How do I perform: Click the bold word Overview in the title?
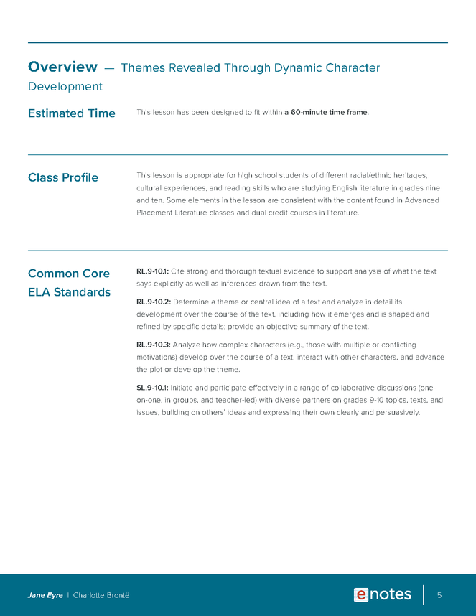click(62, 67)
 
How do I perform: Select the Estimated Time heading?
click(71, 113)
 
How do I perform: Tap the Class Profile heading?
click(62, 177)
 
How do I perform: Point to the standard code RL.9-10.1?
click(152, 271)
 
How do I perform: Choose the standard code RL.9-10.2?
click(153, 302)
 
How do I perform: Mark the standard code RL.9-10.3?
click(153, 345)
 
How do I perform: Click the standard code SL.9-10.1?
click(152, 388)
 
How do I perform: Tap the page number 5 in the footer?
click(439, 595)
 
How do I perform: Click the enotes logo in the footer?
click(382, 595)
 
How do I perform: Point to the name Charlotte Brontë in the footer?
click(101, 596)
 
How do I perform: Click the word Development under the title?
click(65, 87)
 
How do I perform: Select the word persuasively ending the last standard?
click(395, 413)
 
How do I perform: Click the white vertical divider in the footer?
click(424, 595)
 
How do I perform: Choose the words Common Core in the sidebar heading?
click(68, 274)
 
